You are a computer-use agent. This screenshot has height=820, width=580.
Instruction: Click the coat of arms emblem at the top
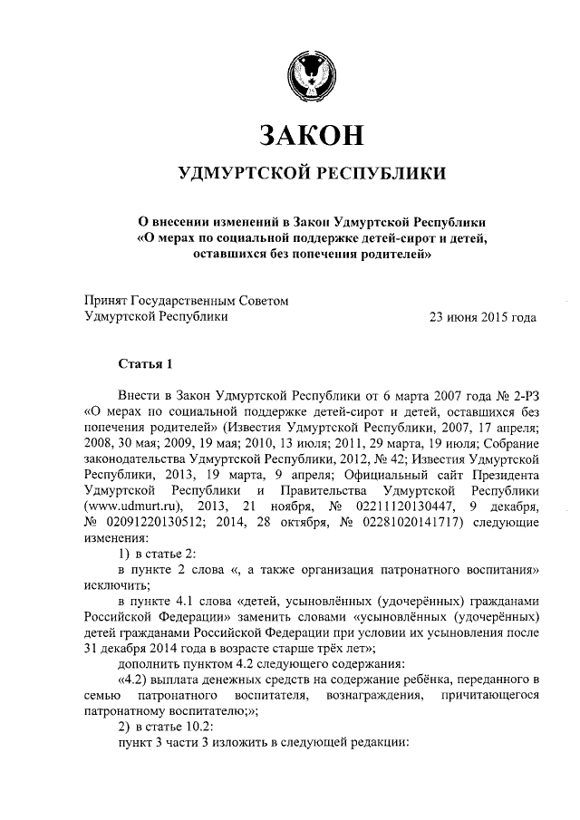click(311, 74)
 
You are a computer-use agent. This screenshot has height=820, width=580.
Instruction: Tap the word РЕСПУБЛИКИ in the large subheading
click(379, 173)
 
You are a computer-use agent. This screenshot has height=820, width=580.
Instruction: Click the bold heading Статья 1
click(145, 364)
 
